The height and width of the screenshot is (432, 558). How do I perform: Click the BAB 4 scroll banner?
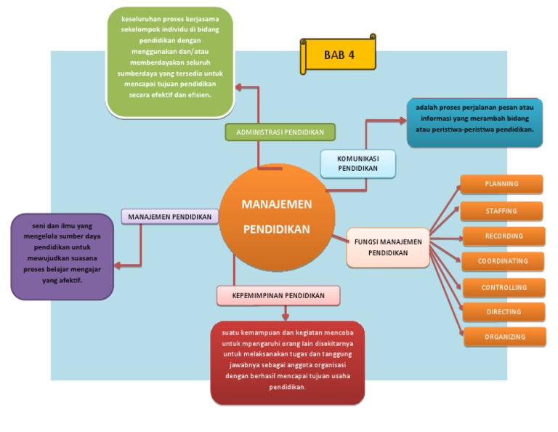pyautogui.click(x=339, y=55)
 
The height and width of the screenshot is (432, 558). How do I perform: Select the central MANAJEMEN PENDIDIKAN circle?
pyautogui.click(x=277, y=217)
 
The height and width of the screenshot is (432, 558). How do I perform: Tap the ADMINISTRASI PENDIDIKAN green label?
pyautogui.click(x=280, y=132)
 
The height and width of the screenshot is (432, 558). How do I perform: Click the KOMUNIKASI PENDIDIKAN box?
pyautogui.click(x=358, y=164)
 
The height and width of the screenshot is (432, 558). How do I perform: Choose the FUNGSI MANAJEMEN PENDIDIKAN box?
pyautogui.click(x=388, y=247)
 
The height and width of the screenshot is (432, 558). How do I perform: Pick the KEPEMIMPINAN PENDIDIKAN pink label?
pyautogui.click(x=278, y=295)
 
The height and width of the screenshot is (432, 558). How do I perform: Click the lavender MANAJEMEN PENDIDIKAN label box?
pyautogui.click(x=170, y=217)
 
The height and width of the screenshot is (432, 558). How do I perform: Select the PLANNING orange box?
pyautogui.click(x=502, y=184)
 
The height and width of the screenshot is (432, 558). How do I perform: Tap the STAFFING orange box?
pyautogui.click(x=501, y=211)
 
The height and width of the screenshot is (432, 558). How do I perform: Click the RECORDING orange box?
pyautogui.click(x=504, y=236)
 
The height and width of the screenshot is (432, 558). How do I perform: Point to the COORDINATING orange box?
pyautogui.click(x=503, y=261)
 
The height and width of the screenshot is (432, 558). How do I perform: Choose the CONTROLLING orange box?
pyautogui.click(x=504, y=287)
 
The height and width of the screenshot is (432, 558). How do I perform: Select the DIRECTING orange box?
pyautogui.click(x=504, y=312)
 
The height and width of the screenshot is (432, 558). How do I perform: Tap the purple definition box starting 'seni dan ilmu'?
pyautogui.click(x=62, y=257)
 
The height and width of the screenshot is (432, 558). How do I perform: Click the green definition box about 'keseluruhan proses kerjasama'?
pyautogui.click(x=170, y=62)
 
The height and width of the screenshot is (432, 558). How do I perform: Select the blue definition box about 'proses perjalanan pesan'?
pyautogui.click(x=474, y=122)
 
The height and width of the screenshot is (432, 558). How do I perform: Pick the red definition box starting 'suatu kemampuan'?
pyautogui.click(x=287, y=362)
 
